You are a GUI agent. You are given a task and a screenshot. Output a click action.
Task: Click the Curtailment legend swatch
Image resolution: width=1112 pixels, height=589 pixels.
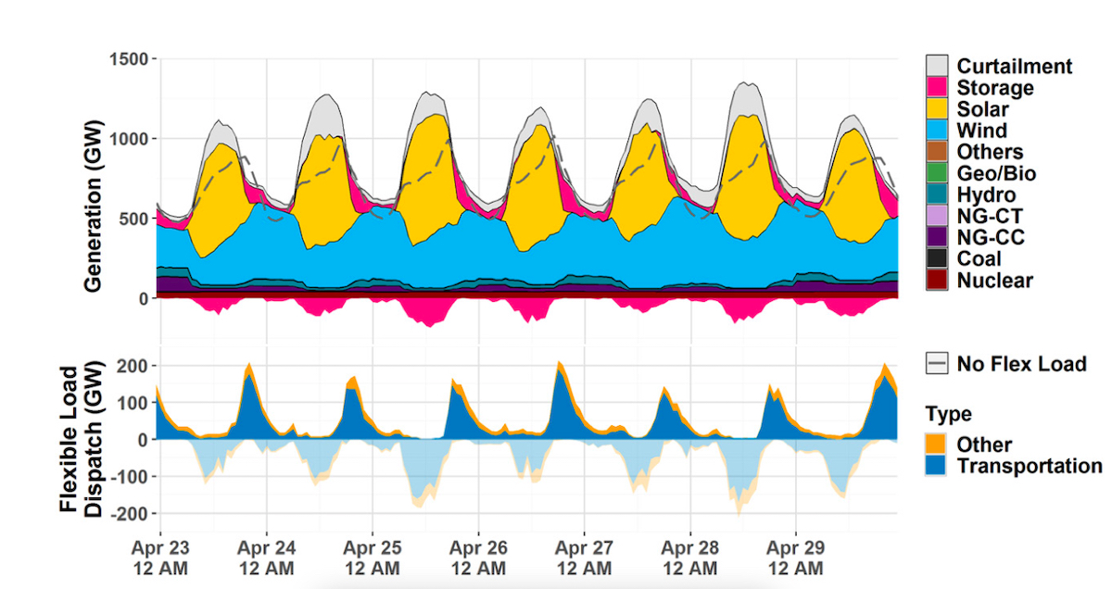pos(938,66)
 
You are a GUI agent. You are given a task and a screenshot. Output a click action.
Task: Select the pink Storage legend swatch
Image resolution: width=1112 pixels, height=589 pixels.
pos(938,88)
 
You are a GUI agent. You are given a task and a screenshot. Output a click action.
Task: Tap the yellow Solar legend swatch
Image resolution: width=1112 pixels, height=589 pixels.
pos(938,109)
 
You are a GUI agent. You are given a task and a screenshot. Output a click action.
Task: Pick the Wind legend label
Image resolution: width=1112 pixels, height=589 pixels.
pos(981,131)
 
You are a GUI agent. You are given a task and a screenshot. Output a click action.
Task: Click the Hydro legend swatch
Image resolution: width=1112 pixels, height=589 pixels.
pos(938,194)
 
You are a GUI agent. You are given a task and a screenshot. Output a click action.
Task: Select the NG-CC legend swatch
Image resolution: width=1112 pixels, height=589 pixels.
pos(938,237)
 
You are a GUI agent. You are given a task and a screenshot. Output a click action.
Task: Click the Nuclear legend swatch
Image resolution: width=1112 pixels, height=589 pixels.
pos(938,280)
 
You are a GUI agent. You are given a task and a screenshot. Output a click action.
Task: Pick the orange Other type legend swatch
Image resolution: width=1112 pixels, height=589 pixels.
pos(938,445)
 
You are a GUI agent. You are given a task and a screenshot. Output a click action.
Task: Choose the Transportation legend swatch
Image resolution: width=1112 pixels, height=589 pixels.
pos(938,465)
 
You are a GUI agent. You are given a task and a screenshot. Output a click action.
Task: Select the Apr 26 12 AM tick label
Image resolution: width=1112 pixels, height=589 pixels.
pos(478,557)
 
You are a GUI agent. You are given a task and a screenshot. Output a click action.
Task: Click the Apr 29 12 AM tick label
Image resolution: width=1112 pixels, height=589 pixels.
pos(796,557)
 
